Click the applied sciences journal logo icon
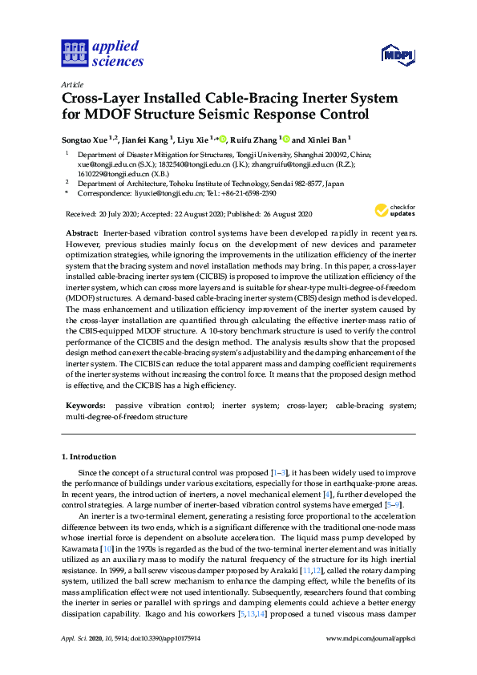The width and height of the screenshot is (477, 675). (73, 54)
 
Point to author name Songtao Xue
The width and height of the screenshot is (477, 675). (84, 138)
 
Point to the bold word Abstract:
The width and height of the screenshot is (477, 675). (82, 231)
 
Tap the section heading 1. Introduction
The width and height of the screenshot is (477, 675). (89, 456)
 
